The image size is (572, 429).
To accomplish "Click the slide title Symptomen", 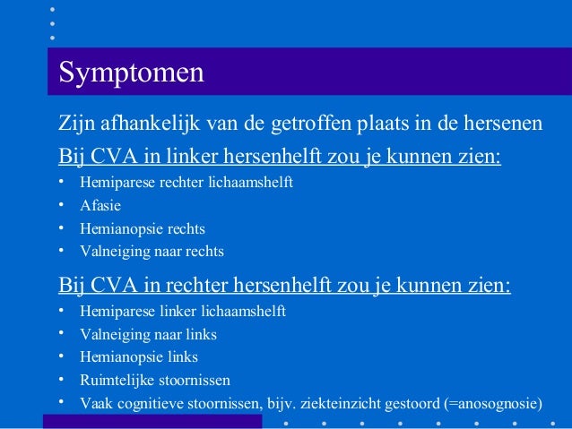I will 131,72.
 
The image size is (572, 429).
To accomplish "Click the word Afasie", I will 100,205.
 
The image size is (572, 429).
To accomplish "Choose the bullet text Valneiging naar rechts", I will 152,252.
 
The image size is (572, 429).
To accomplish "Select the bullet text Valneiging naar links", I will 148,334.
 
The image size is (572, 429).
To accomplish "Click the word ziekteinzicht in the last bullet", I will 336,403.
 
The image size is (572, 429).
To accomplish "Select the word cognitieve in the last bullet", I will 146,403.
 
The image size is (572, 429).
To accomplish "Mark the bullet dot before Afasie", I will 62,205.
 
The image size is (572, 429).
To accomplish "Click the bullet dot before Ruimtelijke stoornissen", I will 62,379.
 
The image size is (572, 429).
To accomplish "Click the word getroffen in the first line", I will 310,123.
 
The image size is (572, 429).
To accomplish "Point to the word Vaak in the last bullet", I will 94,403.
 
